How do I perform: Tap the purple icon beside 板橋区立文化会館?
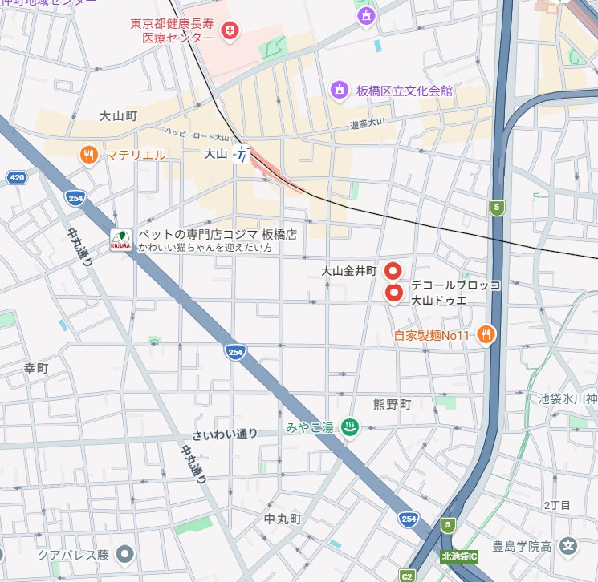(340, 90)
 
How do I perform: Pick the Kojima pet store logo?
(121, 239)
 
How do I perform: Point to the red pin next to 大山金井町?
(393, 271)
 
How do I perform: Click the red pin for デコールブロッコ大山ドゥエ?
(393, 294)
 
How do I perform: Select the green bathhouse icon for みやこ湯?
(350, 427)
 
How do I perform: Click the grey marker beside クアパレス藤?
(124, 554)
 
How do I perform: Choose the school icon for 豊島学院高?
(569, 548)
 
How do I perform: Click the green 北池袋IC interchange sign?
(458, 556)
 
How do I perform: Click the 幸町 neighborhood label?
(36, 368)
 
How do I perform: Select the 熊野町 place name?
(392, 405)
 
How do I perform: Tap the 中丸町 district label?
(283, 519)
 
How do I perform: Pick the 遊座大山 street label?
(368, 123)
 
